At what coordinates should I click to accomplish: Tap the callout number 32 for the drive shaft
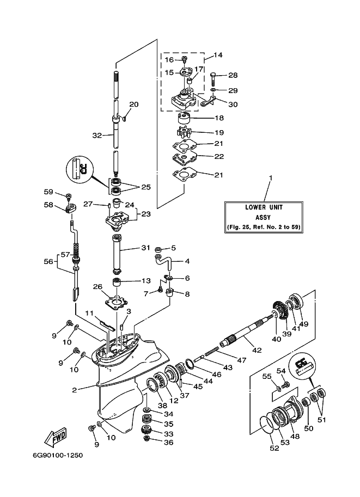(x=97, y=136)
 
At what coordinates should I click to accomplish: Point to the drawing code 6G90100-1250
(x=58, y=456)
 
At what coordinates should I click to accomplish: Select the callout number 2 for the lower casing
(x=74, y=390)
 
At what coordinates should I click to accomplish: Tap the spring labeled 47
(x=212, y=351)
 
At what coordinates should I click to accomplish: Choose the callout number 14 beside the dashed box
(x=218, y=55)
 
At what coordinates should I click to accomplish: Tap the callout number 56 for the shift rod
(x=48, y=261)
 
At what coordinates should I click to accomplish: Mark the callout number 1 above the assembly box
(x=271, y=178)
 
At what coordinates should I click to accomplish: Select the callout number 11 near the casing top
(x=89, y=313)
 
